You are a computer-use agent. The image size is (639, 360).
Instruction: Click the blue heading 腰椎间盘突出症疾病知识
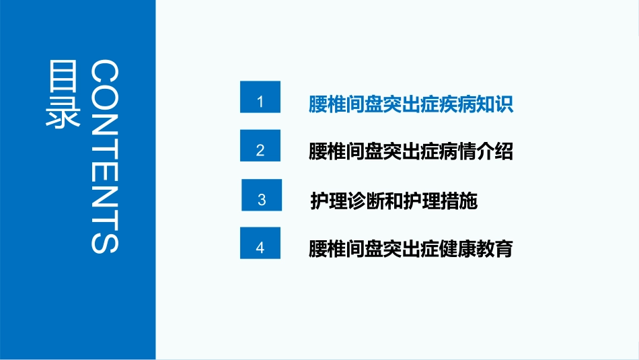410,104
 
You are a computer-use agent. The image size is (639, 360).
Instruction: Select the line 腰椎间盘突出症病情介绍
410,151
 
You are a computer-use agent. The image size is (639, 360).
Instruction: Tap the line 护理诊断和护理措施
393,201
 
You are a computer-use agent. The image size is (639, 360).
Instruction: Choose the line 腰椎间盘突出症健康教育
410,249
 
